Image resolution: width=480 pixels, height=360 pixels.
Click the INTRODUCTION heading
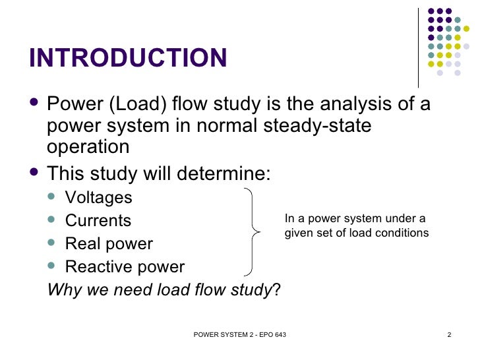point(128,58)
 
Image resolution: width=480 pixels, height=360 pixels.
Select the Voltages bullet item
point(98,197)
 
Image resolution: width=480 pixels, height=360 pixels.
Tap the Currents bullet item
point(98,220)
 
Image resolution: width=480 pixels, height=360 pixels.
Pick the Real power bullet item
point(109,243)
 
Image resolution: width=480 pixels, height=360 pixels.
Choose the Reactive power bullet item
point(125,266)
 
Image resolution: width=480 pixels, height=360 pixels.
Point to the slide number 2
point(449,337)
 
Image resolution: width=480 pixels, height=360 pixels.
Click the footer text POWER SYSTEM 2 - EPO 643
point(240,337)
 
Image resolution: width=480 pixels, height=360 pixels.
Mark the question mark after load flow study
point(276,289)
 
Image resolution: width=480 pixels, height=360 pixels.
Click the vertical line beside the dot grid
point(419,47)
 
